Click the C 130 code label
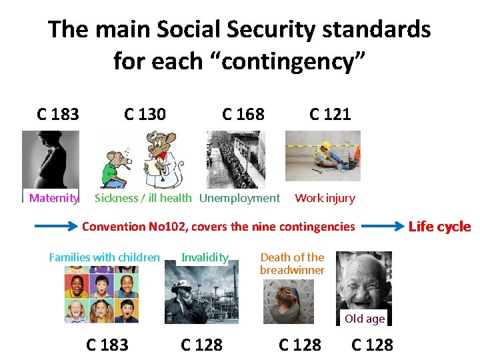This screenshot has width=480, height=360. tap(145, 114)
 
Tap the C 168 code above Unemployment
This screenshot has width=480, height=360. tap(243, 114)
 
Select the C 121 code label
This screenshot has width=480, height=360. tap(330, 114)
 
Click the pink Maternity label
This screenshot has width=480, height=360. tap(54, 198)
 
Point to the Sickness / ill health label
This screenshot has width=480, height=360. tap(143, 198)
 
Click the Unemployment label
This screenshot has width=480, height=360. tap(239, 198)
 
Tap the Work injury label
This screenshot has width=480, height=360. tap(325, 198)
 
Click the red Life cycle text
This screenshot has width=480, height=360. tap(439, 227)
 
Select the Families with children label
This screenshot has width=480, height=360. tap(105, 257)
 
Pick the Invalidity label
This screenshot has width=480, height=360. tap(205, 257)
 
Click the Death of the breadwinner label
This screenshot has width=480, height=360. tap(292, 263)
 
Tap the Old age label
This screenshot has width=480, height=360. tap(365, 319)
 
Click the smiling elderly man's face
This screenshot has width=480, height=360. tap(363, 280)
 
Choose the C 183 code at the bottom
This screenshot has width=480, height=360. tap(107, 345)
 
